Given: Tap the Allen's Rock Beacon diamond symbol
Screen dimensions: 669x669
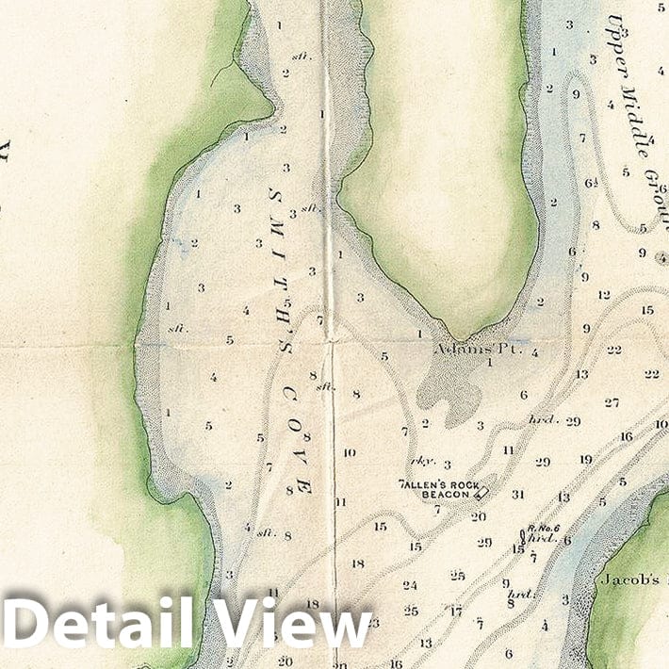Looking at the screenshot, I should tap(481, 491).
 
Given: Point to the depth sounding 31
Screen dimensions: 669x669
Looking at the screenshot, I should tap(517, 494).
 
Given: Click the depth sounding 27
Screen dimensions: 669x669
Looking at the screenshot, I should tap(612, 402).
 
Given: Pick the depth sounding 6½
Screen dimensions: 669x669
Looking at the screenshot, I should tap(591, 184).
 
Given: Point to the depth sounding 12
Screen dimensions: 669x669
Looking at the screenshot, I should tap(604, 295).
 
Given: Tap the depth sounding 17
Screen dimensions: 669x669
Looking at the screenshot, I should tap(456, 611).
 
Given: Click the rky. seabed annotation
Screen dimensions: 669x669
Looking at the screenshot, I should tap(418, 462).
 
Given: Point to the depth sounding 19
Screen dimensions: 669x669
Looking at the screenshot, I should tap(585, 460).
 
